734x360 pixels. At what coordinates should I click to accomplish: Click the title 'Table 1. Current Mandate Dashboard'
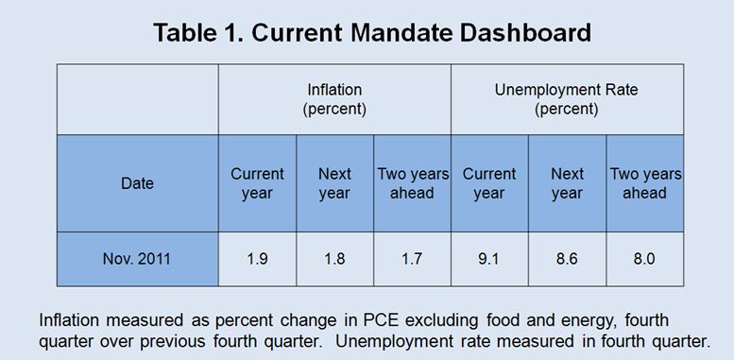point(372,33)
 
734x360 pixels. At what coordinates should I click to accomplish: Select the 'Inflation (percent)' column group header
point(334,99)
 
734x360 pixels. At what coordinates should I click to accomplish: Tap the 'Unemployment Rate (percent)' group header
point(567,99)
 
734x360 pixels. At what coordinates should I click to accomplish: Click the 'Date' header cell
point(137,183)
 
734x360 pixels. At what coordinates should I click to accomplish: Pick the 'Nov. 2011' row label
point(137,258)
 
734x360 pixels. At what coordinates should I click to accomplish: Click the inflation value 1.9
point(257,258)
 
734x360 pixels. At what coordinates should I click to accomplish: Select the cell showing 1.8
point(334,258)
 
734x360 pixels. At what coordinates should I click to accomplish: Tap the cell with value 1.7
point(412,258)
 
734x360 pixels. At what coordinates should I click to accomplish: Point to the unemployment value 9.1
point(489,258)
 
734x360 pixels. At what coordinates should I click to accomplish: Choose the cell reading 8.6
point(567,258)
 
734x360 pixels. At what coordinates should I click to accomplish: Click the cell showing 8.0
point(644,258)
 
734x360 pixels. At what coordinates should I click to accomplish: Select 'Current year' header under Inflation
point(257,183)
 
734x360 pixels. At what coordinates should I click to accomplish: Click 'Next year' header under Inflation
point(334,183)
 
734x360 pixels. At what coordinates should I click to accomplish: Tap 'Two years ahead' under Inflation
point(413,183)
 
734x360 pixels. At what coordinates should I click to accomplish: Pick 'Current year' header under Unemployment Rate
point(489,183)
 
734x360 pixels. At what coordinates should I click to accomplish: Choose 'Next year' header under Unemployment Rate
point(567,183)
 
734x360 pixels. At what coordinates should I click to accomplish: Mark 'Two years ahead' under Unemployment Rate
point(645,183)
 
